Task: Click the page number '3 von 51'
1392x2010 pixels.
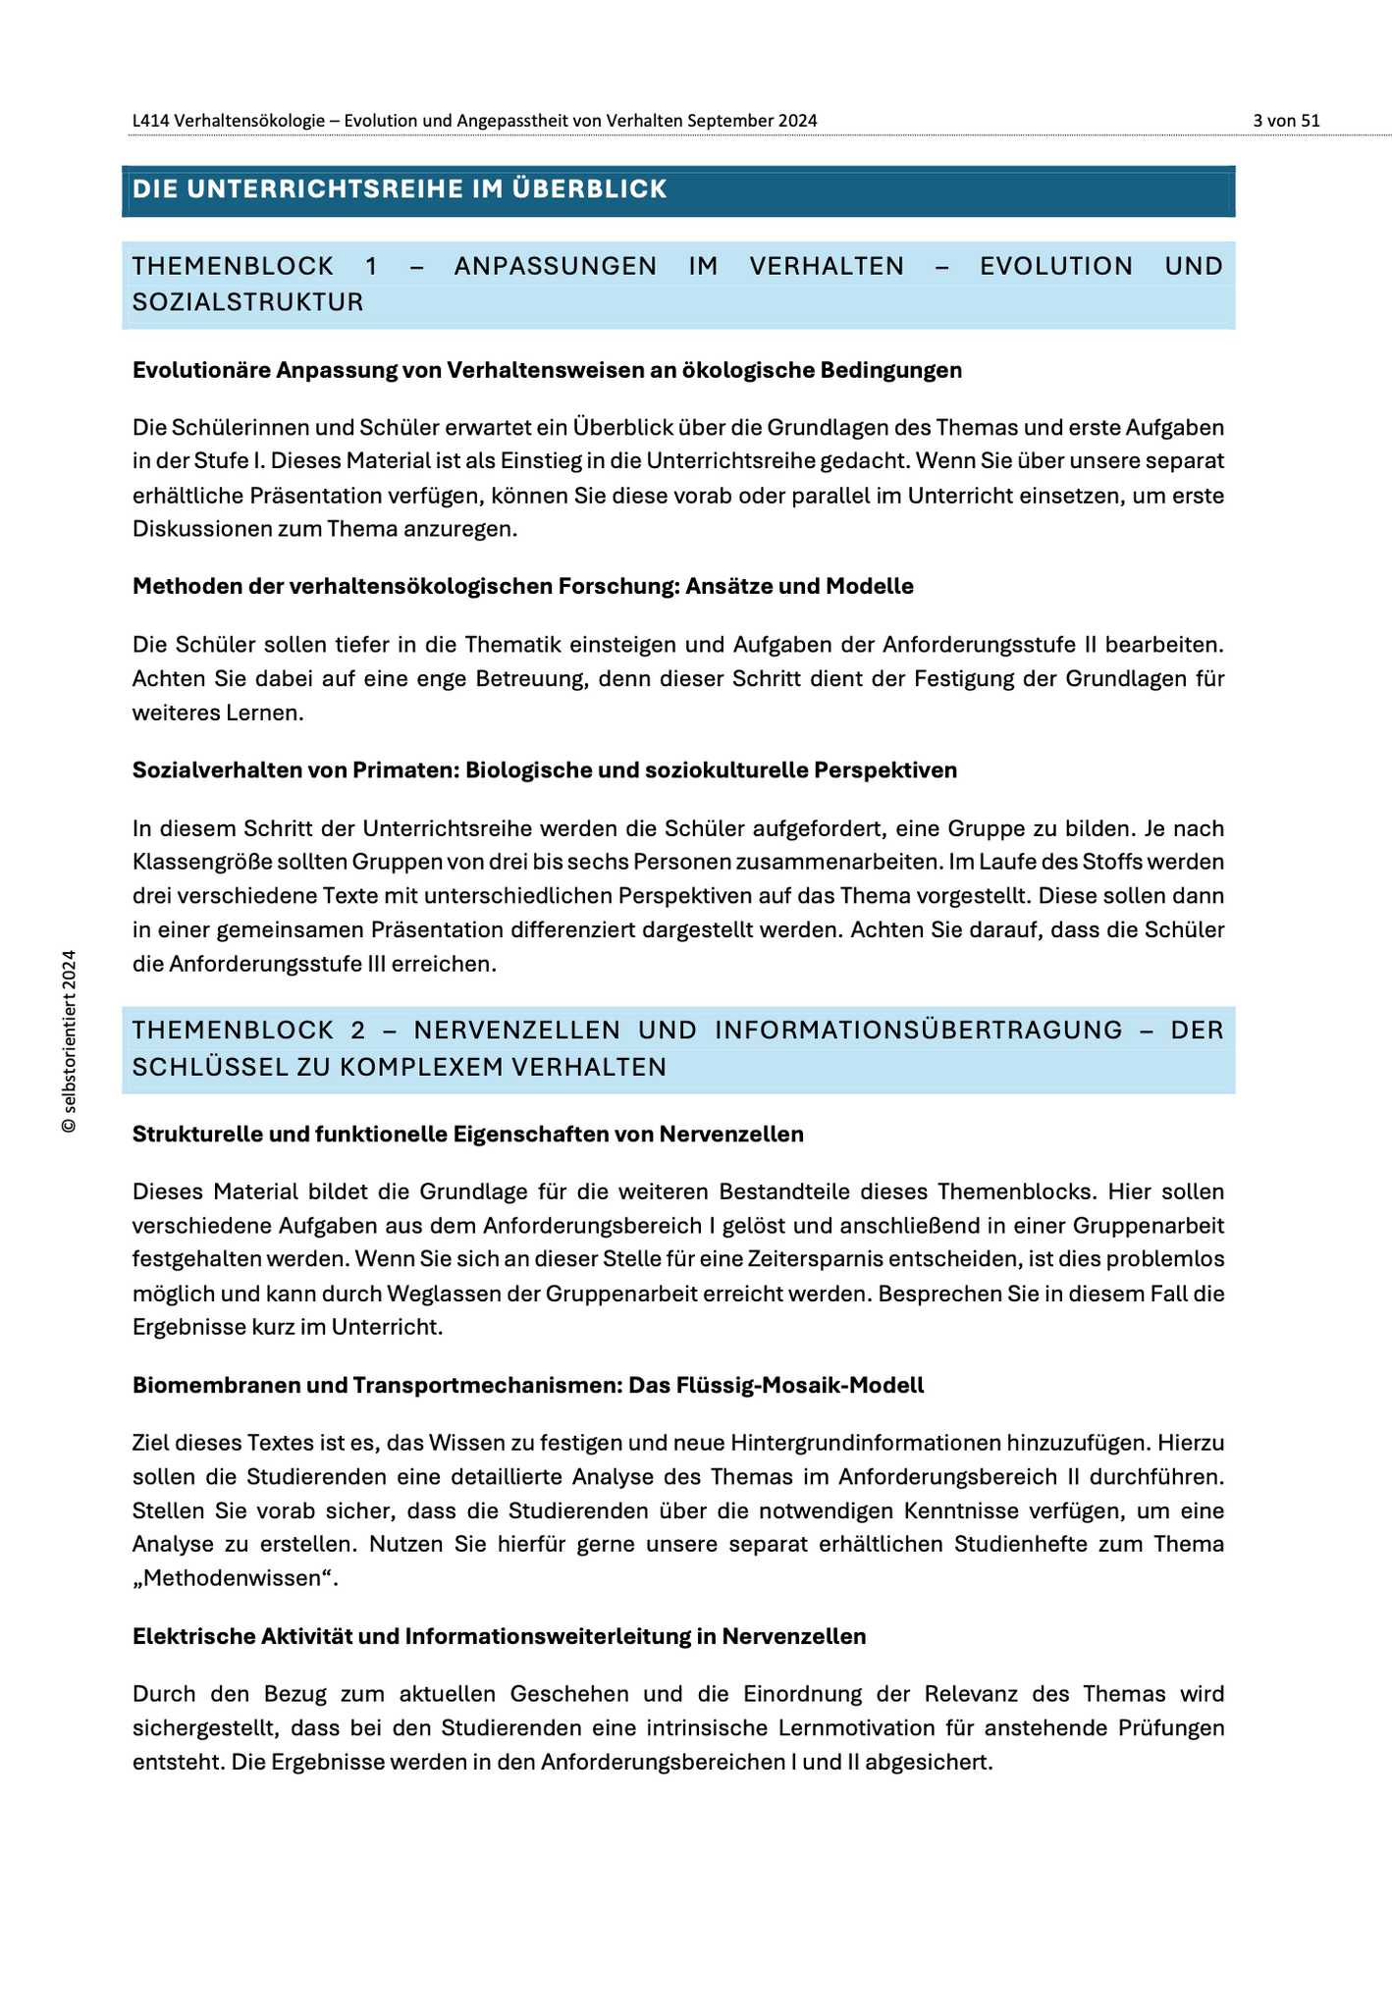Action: [1286, 121]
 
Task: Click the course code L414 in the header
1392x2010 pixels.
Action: [150, 121]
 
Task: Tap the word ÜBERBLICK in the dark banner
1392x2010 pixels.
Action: [589, 189]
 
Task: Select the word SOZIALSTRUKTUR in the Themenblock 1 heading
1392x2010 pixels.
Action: [248, 302]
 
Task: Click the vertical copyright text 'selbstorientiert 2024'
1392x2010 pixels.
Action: [69, 1041]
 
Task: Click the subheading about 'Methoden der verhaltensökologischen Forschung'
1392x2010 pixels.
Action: [522, 586]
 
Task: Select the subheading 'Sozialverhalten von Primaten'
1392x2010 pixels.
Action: [544, 770]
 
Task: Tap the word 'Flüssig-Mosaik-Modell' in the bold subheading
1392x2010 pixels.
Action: [815, 1385]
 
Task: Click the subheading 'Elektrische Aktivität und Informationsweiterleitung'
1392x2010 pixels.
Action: [499, 1636]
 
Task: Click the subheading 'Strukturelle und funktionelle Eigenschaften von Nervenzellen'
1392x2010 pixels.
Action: [467, 1134]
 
